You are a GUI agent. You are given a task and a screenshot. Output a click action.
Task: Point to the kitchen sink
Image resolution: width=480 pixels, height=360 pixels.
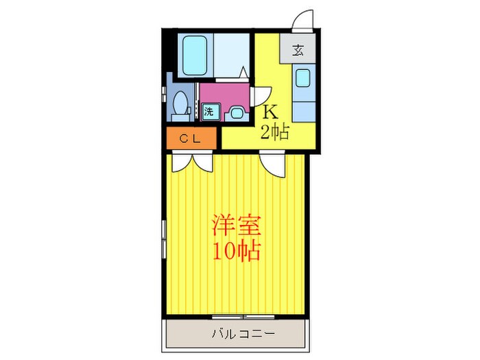[x=302, y=77]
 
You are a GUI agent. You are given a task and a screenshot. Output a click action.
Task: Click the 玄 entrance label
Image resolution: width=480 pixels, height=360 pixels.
[x=298, y=49]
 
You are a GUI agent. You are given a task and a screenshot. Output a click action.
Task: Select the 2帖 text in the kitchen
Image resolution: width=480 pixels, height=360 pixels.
[x=274, y=132]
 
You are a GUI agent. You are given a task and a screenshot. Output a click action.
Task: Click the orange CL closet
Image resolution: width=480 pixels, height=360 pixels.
[x=193, y=139]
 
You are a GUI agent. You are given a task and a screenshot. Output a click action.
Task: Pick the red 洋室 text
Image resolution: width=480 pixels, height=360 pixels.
[x=236, y=226]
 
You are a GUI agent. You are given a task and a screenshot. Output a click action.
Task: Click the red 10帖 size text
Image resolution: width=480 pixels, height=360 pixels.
[x=236, y=252]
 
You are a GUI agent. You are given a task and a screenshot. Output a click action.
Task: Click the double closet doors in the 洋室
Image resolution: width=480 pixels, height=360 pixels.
[x=193, y=162]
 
